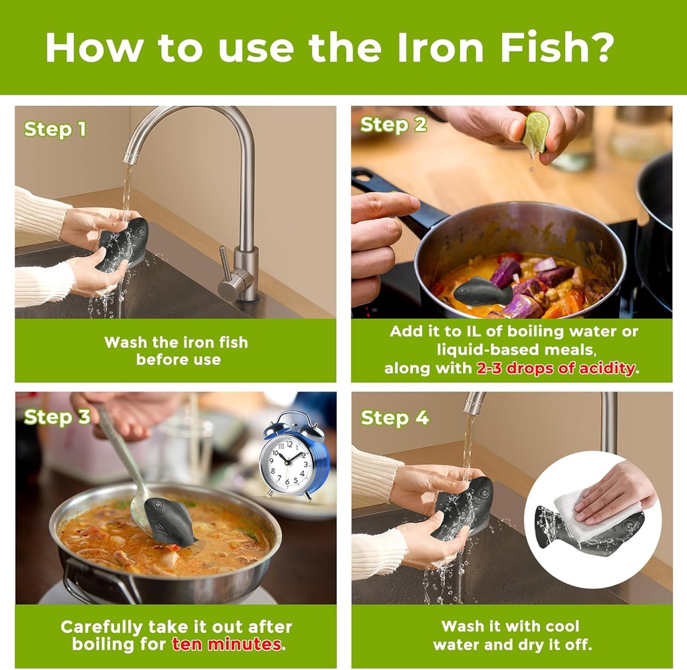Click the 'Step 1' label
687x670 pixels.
[x=55, y=129]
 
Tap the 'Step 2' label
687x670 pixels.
[x=393, y=125]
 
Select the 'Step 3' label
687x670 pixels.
[x=57, y=417]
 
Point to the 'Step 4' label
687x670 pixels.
[x=394, y=418]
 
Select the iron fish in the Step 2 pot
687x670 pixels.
[x=481, y=292]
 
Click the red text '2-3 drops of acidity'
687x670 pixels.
[x=556, y=368]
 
